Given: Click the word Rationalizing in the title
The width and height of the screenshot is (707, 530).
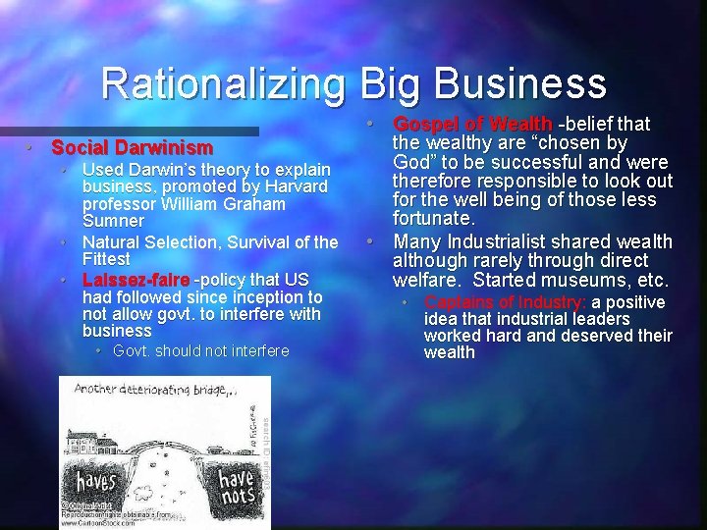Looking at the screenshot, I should point(224,83).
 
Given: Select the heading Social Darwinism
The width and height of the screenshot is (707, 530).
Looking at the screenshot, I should point(132,148).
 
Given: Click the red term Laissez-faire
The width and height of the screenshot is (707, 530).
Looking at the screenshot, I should point(137,280).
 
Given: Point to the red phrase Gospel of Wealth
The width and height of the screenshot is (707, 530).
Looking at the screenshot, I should point(472,124).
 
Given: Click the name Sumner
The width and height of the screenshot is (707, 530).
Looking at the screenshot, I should point(113,221).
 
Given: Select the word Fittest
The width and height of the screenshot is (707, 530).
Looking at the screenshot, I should point(106,259).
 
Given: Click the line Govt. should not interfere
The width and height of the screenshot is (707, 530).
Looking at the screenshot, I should point(200,351).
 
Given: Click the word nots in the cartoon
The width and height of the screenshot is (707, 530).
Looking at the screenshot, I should point(236,497).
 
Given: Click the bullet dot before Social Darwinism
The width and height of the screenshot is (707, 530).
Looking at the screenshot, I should point(31,148).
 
